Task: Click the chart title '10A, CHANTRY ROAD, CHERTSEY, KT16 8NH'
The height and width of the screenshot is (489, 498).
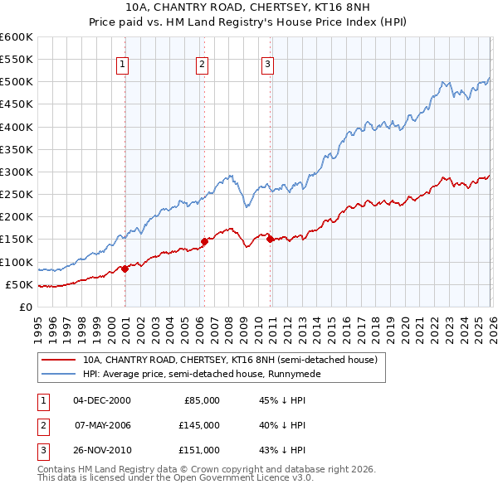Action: [248, 7]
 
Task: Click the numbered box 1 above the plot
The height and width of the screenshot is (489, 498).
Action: [123, 64]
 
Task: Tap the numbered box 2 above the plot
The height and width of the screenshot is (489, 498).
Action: [202, 64]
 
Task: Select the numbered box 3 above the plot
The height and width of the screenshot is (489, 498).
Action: [268, 64]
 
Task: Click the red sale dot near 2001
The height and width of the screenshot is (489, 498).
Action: [124, 269]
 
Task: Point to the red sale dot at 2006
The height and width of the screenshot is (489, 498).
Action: [204, 242]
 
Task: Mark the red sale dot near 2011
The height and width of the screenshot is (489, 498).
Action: [271, 240]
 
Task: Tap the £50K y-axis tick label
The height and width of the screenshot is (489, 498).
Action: [19, 285]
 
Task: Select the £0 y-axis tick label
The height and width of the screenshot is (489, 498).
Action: [25, 307]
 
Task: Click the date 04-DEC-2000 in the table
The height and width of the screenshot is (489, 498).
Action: [102, 400]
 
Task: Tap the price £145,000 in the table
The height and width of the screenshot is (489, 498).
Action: [199, 425]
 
